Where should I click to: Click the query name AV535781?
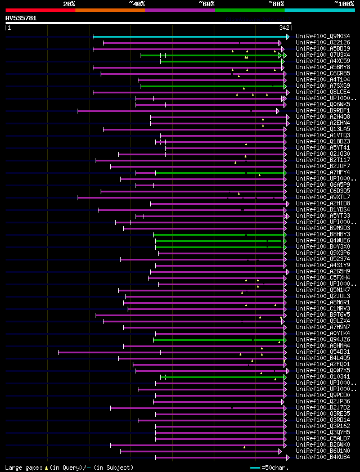point(21,18)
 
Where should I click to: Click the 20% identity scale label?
point(69,3)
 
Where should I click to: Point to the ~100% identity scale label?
point(344,3)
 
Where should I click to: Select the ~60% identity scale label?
point(206,3)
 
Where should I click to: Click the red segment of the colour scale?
point(40,10)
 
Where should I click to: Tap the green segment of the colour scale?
point(249,10)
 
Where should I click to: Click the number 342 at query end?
point(284,28)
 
